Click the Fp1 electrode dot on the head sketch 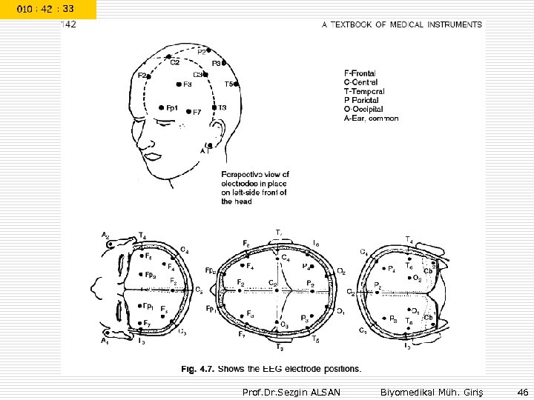[x=161, y=107]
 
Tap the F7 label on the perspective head [x=197, y=113]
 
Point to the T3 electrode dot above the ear [x=214, y=108]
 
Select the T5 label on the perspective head [x=229, y=84]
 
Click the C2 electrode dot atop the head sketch [x=170, y=56]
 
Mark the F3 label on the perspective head [x=188, y=84]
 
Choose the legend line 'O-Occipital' [x=366, y=109]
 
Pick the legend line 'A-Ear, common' [x=372, y=119]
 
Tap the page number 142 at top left [x=68, y=24]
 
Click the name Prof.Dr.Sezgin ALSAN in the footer [x=291, y=390]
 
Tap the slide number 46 [x=522, y=390]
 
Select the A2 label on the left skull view [x=105, y=236]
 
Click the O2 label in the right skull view [x=417, y=279]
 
